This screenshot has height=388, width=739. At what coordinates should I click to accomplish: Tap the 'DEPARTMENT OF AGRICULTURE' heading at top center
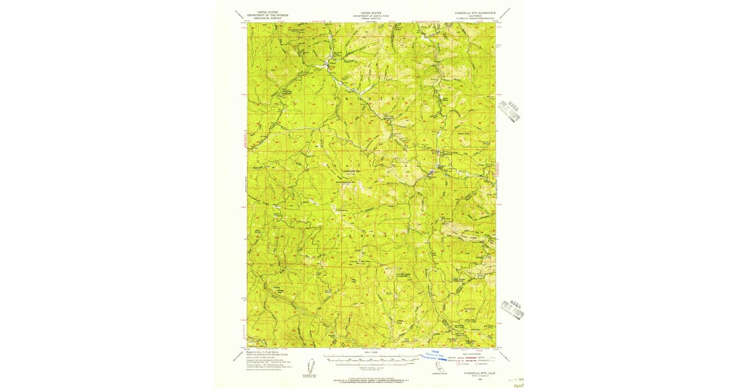[371, 15]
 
